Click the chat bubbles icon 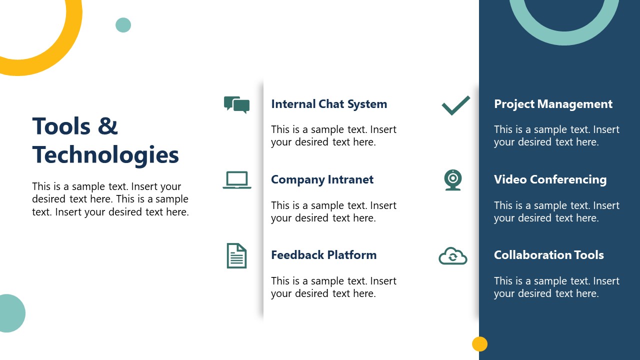tap(237, 104)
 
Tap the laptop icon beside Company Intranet tap(237, 180)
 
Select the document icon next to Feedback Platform tap(236, 255)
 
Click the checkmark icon tap(455, 105)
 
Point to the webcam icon tap(453, 180)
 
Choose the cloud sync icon tap(453, 256)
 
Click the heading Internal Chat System tap(329, 104)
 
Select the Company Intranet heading tap(322, 179)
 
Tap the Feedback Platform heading tap(323, 255)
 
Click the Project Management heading tap(553, 104)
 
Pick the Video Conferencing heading tap(550, 179)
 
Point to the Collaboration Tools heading tap(548, 255)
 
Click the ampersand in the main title tap(107, 126)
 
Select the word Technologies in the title tap(105, 155)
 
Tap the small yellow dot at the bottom tap(479, 344)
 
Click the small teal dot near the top tap(123, 25)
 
